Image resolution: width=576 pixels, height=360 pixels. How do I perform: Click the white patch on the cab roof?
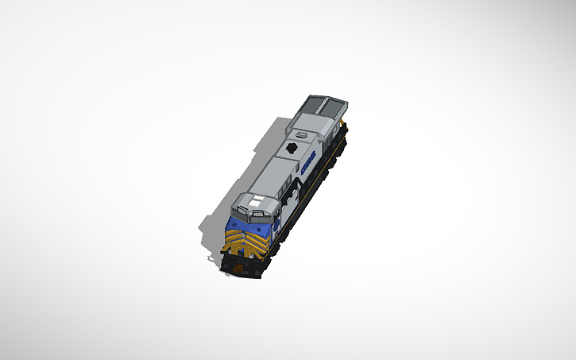(256, 202)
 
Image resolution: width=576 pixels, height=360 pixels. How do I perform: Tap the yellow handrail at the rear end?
(344, 127)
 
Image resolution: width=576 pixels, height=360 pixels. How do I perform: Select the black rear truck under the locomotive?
(334, 155)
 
